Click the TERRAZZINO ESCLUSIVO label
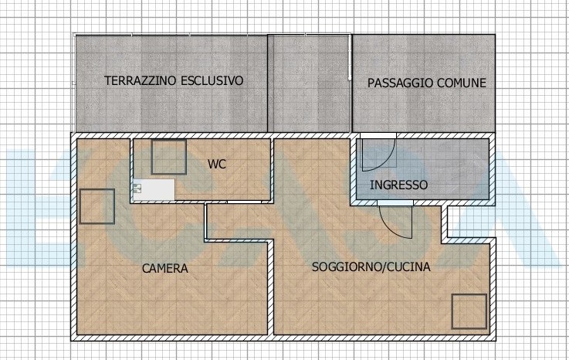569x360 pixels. (174, 80)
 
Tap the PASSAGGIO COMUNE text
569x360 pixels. (427, 83)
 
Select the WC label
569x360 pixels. (217, 164)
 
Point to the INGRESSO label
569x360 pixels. (399, 185)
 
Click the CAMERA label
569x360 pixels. (165, 269)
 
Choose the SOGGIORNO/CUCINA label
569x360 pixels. (371, 267)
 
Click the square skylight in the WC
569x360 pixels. (169, 157)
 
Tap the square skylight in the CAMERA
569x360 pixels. (97, 206)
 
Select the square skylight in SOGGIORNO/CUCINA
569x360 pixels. (469, 311)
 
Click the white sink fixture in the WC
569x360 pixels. (154, 189)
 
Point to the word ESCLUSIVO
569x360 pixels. (212, 80)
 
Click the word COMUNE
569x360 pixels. (462, 83)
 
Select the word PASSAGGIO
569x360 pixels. (400, 83)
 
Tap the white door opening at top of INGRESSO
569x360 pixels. (378, 136)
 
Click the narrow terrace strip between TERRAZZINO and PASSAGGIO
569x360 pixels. (309, 83)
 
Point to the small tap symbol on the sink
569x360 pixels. (137, 188)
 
